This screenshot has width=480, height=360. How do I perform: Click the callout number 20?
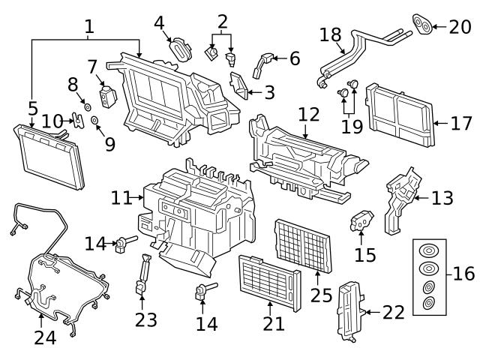point(460,28)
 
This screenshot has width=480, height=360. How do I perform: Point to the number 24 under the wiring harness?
point(45,339)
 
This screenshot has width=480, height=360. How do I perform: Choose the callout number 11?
point(121,198)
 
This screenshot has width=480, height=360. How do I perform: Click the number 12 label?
point(308,115)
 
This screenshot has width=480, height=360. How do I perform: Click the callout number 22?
point(393,312)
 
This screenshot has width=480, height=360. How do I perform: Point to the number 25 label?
point(321,295)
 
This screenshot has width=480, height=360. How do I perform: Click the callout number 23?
point(145,320)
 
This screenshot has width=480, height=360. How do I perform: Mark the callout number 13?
point(442,199)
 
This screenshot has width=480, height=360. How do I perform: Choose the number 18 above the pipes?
point(330,36)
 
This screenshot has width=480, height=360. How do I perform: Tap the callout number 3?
point(268,94)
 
